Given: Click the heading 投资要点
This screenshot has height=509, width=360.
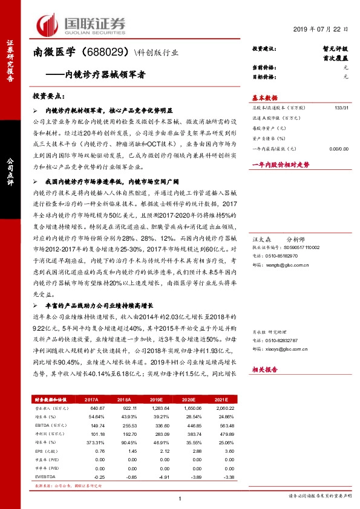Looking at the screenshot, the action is pos(48,96).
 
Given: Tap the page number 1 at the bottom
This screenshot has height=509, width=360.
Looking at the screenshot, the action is pos(180,499).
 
